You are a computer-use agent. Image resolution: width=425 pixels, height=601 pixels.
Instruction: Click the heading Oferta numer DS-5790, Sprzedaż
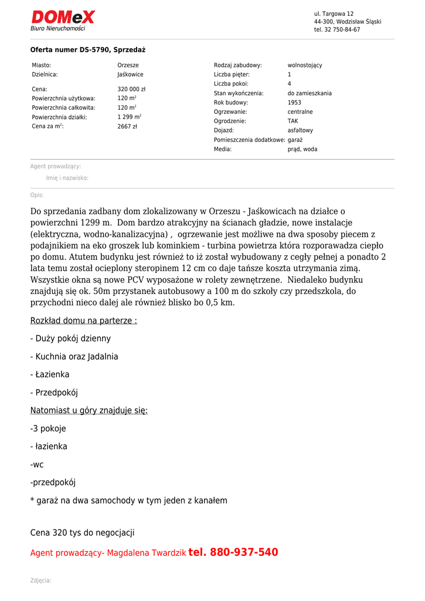[88, 50]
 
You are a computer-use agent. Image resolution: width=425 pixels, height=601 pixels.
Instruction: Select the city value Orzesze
[128, 65]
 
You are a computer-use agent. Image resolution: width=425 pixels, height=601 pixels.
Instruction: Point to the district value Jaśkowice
[130, 75]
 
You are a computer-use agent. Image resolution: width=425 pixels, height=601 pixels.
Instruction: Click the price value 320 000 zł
[131, 89]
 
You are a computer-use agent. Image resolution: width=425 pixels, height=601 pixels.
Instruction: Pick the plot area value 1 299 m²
[129, 117]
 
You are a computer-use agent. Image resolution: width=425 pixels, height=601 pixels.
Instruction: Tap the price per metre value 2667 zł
[127, 126]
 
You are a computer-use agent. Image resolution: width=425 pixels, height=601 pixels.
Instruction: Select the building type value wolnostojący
[305, 65]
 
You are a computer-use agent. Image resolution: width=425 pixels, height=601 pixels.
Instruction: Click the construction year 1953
[294, 103]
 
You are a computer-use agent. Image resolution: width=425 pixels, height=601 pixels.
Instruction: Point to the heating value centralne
[300, 112]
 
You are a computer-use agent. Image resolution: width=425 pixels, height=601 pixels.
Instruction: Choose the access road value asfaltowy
[300, 130]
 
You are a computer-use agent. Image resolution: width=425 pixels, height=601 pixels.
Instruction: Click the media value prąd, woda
[302, 149]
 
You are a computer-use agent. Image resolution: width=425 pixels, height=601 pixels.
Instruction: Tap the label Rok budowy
[230, 103]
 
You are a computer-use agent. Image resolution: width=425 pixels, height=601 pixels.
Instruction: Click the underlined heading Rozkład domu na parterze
[84, 320]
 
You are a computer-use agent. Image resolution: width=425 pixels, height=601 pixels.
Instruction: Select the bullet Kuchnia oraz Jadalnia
[74, 356]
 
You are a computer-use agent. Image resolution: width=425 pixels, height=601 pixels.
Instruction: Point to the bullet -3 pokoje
[48, 428]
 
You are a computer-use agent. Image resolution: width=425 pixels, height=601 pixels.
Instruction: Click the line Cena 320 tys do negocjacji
[82, 533]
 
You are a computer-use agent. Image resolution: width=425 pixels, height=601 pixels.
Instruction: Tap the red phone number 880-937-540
[244, 552]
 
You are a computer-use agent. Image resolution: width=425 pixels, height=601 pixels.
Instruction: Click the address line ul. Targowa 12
[334, 13]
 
